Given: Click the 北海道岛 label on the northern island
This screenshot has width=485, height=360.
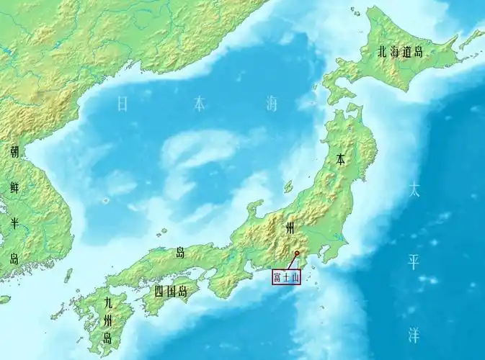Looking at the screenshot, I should (400, 52).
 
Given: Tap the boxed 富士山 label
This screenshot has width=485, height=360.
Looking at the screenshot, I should (285, 276).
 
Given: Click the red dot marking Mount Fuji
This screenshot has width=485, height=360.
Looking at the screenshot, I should (296, 253).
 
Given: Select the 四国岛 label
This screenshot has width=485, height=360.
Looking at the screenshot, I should (171, 292).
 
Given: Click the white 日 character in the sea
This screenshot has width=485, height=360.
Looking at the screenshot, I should (123, 104).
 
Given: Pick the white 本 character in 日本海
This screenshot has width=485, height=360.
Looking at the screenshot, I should (198, 104).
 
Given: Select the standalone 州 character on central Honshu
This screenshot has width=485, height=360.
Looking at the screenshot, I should (290, 228).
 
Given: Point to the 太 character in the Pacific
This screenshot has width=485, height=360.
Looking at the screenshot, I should (413, 190).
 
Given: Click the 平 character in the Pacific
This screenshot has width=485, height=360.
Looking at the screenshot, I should (413, 262).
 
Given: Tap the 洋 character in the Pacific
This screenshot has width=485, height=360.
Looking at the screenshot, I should (413, 335).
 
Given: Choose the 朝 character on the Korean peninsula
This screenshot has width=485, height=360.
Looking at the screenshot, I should (14, 152).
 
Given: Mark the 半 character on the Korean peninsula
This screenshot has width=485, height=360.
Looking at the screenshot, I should (14, 223).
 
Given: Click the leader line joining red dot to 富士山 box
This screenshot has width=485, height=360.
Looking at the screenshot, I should (292, 262).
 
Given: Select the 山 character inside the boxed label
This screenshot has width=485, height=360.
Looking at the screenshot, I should (295, 276).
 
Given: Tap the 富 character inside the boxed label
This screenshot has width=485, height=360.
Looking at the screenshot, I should (276, 276).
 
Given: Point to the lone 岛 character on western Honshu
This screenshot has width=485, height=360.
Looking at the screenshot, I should (179, 253).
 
